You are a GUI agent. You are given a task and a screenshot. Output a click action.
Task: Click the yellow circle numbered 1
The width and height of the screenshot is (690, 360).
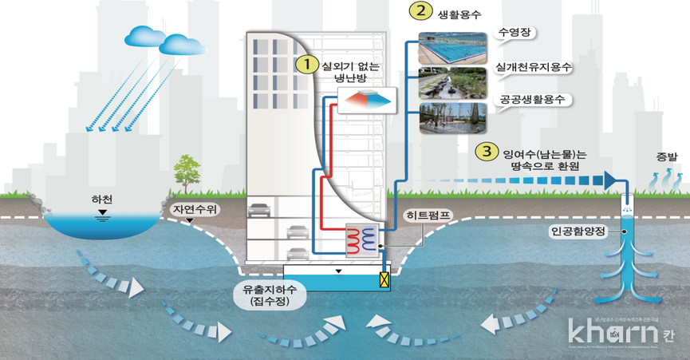click(303, 64)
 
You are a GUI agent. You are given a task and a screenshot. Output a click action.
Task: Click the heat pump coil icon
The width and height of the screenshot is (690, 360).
click(360, 240)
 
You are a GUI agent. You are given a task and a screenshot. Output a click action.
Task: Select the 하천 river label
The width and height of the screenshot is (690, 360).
click(101, 198)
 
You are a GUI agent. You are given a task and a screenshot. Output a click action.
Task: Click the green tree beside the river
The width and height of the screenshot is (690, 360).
click(185, 172)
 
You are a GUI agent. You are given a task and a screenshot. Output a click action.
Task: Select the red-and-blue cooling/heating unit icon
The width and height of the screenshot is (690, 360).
click(366, 100)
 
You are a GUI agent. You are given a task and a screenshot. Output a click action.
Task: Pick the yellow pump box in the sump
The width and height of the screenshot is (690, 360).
click(384, 279)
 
